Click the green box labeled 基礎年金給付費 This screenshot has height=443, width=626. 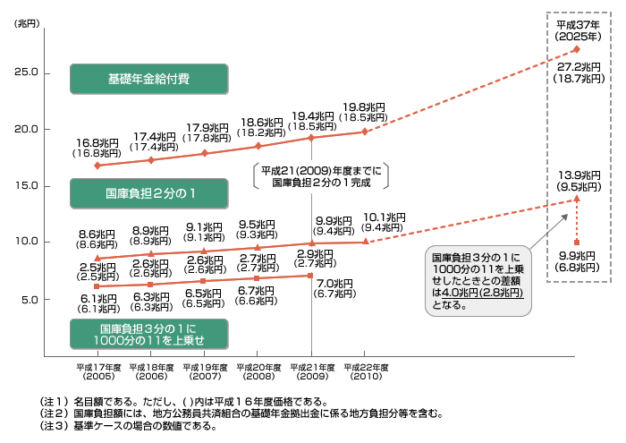(149, 79)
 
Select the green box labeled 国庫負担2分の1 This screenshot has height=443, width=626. (149, 193)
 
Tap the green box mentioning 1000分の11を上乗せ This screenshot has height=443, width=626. (149, 335)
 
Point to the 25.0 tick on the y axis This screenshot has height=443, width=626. (26, 72)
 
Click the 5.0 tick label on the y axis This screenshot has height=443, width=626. (30, 300)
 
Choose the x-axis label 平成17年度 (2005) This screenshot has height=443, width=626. (98, 371)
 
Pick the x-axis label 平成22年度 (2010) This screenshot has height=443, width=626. (366, 371)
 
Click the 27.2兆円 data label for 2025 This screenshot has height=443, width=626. (579, 67)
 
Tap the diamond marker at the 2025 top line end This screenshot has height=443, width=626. (577, 49)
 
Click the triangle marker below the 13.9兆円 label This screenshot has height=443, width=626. (577, 198)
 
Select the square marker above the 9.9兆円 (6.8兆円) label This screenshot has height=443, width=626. (577, 243)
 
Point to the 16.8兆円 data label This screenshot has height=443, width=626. (97, 142)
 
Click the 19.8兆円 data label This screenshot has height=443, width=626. (364, 107)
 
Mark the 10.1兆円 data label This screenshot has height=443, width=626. (384, 217)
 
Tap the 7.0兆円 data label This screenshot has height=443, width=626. (334, 283)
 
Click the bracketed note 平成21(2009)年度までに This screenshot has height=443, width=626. (321, 171)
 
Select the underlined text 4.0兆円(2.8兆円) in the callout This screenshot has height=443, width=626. (482, 293)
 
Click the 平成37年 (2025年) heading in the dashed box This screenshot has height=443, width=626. (578, 30)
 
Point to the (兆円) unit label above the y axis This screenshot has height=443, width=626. (27, 23)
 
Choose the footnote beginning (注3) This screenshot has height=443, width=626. (129, 426)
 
